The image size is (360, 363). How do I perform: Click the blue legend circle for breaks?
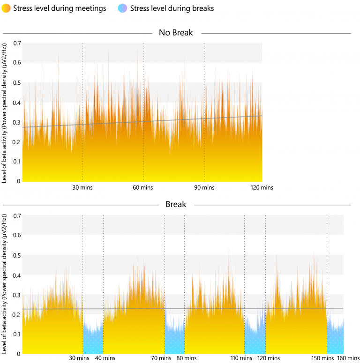click(123, 8)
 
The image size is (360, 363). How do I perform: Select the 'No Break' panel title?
click(176, 33)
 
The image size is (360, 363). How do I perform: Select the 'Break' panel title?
click(176, 205)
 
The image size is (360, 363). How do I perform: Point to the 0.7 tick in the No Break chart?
click(17, 43)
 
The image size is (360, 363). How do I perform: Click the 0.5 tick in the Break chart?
click(17, 255)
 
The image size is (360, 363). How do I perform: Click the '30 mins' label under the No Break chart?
click(83, 187)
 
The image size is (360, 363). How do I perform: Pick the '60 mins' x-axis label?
click(143, 187)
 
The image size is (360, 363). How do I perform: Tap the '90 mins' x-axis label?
click(204, 187)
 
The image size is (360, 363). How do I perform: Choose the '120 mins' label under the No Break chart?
click(261, 187)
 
